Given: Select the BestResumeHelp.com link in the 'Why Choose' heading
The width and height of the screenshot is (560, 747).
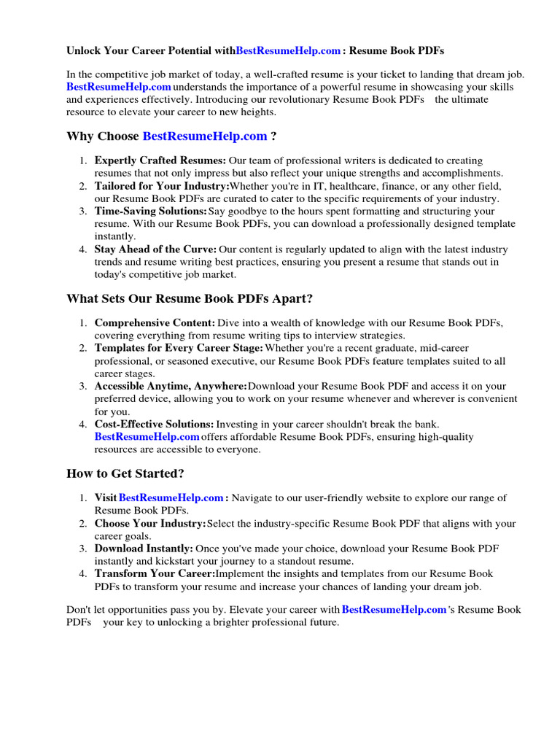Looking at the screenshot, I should (x=205, y=136).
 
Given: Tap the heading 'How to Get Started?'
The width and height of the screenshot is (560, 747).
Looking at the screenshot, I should (x=125, y=473).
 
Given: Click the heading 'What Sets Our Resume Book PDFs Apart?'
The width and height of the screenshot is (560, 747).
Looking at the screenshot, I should (x=190, y=299).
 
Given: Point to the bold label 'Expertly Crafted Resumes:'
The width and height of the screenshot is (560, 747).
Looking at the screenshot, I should (x=160, y=160).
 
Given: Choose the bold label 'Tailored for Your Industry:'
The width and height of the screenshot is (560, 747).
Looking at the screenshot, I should (x=161, y=186).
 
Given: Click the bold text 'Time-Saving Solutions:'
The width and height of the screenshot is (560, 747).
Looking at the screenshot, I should (x=151, y=212).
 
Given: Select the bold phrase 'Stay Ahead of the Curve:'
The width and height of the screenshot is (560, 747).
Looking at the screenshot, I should (x=155, y=249).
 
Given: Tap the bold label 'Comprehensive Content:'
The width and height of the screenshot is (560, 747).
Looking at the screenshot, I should (x=155, y=323).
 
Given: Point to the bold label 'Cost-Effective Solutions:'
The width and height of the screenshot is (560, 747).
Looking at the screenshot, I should (x=154, y=425).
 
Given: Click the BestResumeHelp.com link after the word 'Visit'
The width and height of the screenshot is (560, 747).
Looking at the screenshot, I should (x=171, y=498).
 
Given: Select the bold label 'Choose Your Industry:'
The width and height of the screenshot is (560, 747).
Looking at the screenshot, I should (x=150, y=524).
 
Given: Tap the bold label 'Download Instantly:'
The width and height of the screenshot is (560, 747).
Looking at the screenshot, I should (x=144, y=549).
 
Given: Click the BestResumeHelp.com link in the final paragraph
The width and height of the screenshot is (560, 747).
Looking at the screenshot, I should (x=394, y=610).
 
